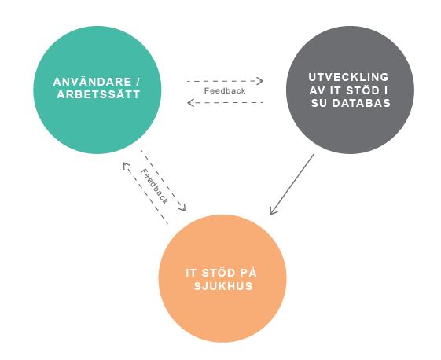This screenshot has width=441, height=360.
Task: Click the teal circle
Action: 97,90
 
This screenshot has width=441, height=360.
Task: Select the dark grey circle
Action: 350,90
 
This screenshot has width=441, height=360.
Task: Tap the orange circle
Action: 222,278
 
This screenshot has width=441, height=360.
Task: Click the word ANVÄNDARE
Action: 92,82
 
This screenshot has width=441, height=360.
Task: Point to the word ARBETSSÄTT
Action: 98,94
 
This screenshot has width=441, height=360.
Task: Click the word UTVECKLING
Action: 349,77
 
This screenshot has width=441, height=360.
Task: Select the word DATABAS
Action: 362,103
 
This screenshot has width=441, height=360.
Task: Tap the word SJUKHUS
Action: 223,286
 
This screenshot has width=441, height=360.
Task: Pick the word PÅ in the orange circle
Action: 248,272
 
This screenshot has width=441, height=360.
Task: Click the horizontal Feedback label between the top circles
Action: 225,91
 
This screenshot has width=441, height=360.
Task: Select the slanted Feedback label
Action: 154,186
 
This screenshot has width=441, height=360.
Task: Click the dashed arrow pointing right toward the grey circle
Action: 225,81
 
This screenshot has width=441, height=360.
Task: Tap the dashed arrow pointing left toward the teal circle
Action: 226,103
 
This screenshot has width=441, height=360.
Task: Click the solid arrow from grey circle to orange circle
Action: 292,184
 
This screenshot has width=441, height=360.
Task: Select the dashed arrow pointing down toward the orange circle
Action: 164,181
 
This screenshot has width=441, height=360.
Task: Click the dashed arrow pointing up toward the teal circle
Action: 145,193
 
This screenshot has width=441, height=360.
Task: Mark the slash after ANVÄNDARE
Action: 138,82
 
